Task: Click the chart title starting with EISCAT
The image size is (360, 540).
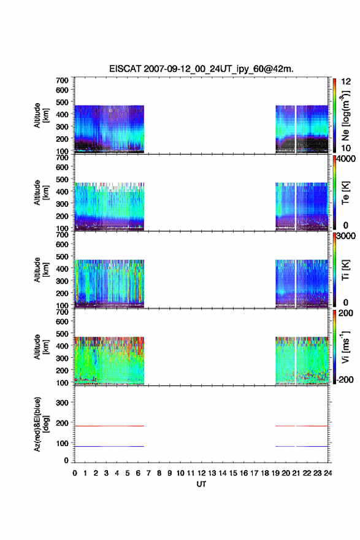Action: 201,69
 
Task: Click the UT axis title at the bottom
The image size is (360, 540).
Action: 201,484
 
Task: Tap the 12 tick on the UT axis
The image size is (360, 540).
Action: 201,473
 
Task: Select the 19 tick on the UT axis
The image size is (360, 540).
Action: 275,473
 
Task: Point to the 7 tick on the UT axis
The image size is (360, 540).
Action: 148,473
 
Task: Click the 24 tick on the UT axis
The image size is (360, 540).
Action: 328,473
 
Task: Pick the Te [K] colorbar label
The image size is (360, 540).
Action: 345,193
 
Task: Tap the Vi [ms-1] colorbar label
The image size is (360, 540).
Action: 345,347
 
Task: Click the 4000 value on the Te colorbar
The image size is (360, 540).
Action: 346,159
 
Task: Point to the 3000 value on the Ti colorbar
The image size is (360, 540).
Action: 346,236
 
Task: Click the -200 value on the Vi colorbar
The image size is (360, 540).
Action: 344,379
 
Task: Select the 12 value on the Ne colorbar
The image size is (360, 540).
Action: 346,82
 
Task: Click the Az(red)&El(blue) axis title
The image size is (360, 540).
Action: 41,424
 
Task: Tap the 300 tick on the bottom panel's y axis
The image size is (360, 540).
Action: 63,403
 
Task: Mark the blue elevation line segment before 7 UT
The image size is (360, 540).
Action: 109,446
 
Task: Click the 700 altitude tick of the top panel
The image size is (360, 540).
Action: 63,80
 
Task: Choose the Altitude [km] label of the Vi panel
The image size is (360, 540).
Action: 41,347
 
